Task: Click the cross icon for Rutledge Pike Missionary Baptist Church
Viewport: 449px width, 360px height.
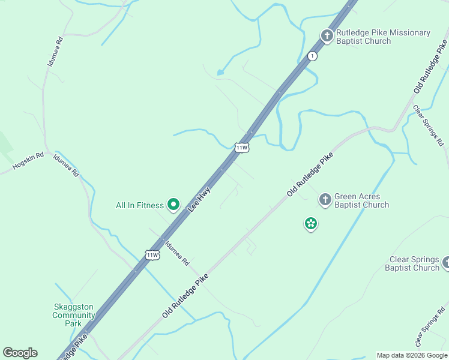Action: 327,36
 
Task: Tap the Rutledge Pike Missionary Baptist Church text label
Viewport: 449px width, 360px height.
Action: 383,37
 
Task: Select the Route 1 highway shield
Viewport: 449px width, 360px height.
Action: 312,56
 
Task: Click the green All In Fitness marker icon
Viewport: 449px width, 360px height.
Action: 173,205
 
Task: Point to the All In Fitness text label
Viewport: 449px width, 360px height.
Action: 140,205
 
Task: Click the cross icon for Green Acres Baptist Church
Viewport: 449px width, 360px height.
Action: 325,200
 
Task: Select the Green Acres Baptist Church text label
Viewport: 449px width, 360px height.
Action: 361,200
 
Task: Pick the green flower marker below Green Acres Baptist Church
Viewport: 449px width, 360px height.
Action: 311,224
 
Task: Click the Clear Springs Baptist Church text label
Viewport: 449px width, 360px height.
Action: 414,263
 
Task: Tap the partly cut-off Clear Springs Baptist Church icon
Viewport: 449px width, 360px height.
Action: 446,263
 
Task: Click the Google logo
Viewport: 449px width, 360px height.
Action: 20,353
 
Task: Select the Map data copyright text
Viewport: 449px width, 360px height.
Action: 412,355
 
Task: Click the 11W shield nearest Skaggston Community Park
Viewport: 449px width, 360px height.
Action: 152,255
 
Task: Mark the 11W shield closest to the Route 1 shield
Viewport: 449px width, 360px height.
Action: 241,147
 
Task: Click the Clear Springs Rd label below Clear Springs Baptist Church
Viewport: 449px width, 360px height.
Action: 429,331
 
